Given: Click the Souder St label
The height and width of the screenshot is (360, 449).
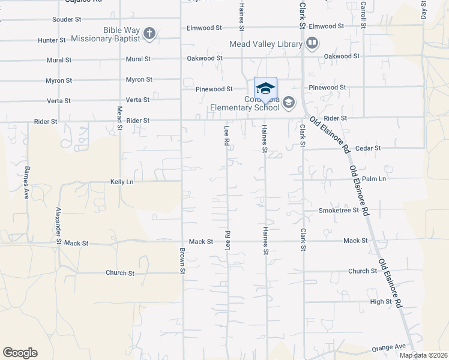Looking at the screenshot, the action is point(67,20).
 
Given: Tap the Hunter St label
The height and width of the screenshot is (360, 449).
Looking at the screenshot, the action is point(52,40).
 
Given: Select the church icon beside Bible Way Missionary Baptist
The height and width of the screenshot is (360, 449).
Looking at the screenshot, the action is point(149,34).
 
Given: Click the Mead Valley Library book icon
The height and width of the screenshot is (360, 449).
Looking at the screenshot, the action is point(312,43).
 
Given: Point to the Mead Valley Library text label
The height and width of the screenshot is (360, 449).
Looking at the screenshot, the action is point(267,44).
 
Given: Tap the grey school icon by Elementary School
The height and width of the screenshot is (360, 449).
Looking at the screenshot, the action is point(288,103).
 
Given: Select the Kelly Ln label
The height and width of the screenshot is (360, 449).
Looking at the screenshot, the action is point(122,181).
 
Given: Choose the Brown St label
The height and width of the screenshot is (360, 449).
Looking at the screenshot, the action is point(182,261).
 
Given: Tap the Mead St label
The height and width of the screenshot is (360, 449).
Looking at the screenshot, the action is point(119,118).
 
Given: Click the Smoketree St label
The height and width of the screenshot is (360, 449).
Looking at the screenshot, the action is point(339,211).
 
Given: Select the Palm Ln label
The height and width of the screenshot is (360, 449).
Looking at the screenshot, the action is point(374,179).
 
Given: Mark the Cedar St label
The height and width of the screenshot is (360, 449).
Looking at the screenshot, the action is point(368,148).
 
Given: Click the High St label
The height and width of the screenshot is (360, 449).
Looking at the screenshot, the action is point(381,302).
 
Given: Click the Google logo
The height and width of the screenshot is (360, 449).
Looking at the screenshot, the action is point(20,353).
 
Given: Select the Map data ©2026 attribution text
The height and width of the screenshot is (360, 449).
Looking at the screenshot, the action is point(423,355).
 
